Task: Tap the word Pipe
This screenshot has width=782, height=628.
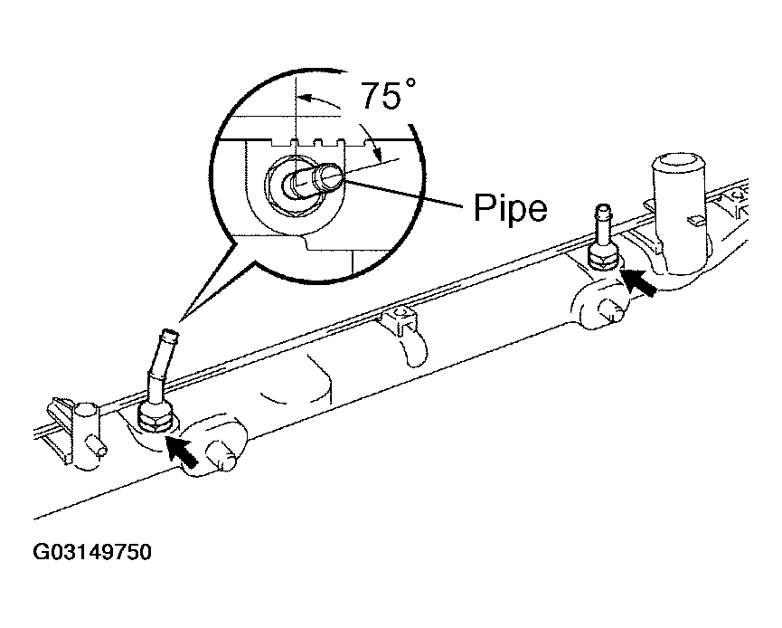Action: [510, 207]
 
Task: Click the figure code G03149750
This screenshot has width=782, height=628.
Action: [92, 552]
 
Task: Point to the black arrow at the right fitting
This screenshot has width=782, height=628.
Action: [638, 281]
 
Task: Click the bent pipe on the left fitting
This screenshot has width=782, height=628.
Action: [160, 364]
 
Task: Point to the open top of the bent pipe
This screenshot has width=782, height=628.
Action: [170, 331]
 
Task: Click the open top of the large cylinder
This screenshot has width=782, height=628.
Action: [681, 163]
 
